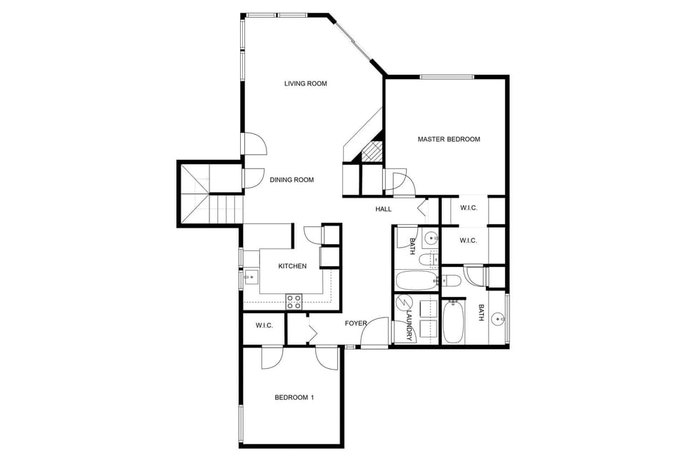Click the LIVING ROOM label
(x=305, y=83)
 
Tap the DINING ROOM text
(x=292, y=180)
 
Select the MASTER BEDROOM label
(x=449, y=139)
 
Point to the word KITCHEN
(x=292, y=266)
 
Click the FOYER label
(x=356, y=323)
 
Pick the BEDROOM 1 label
(x=294, y=397)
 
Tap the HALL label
(x=384, y=209)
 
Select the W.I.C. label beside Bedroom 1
(x=264, y=325)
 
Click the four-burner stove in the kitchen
(x=294, y=301)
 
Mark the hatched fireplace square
(x=372, y=151)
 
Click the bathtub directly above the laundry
(x=414, y=280)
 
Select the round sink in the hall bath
(x=430, y=238)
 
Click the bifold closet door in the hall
(x=422, y=208)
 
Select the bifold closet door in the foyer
(x=312, y=330)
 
